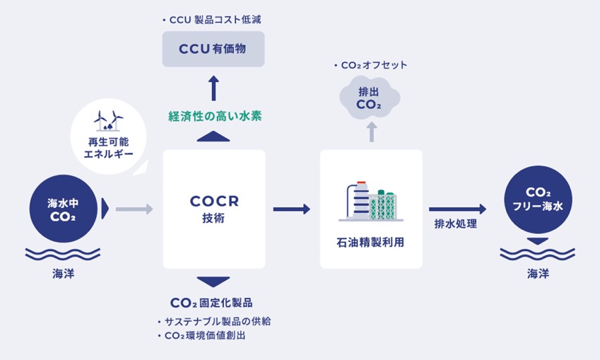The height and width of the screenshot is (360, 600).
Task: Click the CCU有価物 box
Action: point(213,49)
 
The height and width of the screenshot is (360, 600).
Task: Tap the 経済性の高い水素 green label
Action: point(215,116)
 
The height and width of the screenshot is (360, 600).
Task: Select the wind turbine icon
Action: point(108,121)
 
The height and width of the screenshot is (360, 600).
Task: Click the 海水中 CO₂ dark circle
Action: point(63,209)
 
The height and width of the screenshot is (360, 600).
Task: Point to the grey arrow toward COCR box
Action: point(134,209)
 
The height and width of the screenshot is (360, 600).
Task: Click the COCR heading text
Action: point(214,201)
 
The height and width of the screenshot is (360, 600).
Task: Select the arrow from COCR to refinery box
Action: point(292,209)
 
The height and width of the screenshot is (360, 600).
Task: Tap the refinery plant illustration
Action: point(370,202)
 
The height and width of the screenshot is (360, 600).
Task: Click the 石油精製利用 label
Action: point(370,243)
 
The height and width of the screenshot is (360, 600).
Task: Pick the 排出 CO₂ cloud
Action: point(370,98)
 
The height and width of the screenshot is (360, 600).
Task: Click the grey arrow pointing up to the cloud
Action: point(371,132)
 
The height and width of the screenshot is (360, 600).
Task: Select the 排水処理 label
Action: point(455,224)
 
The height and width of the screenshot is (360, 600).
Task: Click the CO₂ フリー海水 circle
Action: point(538,199)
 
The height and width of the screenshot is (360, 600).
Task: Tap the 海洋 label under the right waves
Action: point(538,274)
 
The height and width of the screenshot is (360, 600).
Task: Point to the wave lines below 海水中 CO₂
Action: point(63,255)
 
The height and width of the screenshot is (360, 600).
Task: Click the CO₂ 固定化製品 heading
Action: point(211,303)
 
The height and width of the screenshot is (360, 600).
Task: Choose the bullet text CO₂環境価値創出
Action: point(201,335)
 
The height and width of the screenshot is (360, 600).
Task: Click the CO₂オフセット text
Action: point(370,65)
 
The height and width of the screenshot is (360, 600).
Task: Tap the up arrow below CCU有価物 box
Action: point(213,88)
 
